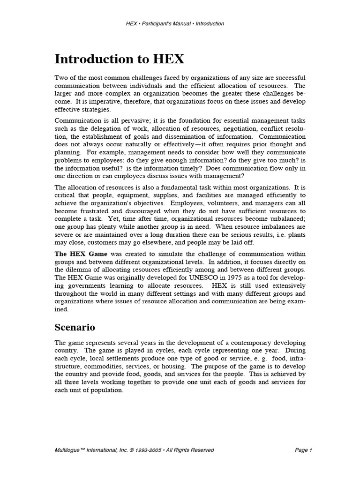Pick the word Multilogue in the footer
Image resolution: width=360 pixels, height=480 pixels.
click(x=70, y=450)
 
